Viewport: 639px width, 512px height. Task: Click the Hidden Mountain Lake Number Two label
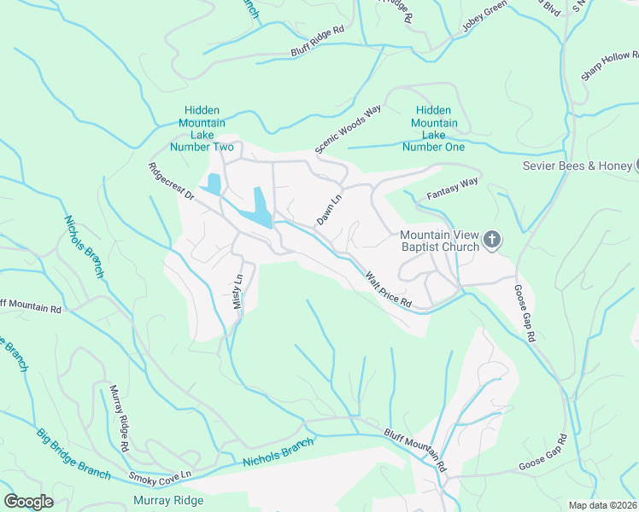coord(202,129)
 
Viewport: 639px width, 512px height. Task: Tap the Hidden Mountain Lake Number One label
coord(433,129)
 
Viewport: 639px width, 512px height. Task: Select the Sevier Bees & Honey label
coord(577,166)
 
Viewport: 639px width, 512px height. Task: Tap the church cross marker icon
coord(492,241)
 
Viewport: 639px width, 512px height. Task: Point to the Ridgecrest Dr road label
coord(171,183)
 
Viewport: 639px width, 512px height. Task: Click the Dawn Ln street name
coord(330,210)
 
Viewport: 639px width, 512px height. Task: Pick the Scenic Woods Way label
coord(348,130)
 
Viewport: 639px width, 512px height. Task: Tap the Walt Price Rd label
coord(389,290)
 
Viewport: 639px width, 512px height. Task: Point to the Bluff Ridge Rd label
coord(317,40)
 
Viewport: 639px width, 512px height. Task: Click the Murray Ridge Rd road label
coord(118,418)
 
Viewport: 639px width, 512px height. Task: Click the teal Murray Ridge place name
coord(167,500)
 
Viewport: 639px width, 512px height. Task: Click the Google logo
coord(28,502)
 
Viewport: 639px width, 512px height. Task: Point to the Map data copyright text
coord(602,505)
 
